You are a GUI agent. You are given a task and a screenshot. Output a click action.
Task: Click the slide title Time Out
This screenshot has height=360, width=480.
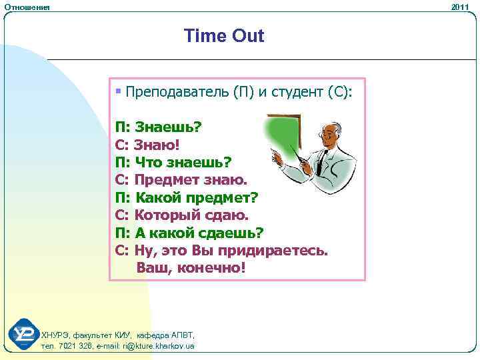(x=224, y=36)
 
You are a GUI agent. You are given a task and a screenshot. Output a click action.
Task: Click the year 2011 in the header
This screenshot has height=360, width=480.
(x=460, y=6)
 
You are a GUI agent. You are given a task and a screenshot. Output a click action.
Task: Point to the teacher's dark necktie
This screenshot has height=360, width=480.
(x=321, y=161)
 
